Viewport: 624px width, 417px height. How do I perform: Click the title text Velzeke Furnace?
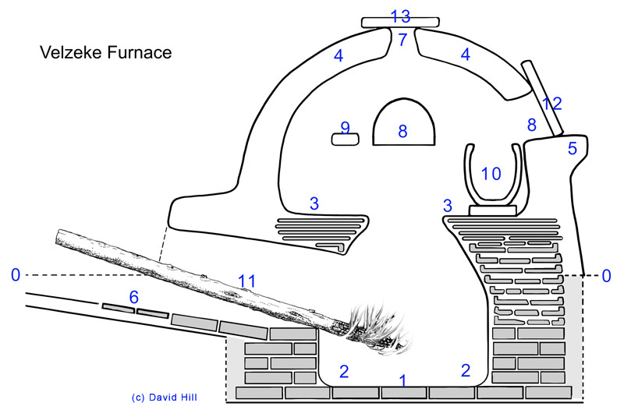[x=105, y=53]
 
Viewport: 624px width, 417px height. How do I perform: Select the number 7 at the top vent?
[x=402, y=40]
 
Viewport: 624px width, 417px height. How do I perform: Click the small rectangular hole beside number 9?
[x=345, y=139]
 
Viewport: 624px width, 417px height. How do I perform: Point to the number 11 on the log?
[x=246, y=278]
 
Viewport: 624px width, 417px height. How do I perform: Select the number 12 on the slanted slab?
[x=551, y=103]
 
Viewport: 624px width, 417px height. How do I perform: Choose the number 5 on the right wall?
[x=573, y=148]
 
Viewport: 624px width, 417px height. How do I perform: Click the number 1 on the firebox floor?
[x=402, y=381]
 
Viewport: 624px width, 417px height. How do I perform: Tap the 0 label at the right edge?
[x=608, y=274]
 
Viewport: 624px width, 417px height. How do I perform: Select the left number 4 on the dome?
[x=338, y=56]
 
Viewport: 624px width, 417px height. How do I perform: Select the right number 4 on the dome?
[x=465, y=56]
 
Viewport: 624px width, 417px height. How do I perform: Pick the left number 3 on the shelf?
[x=314, y=204]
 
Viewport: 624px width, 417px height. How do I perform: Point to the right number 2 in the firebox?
[x=465, y=369]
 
